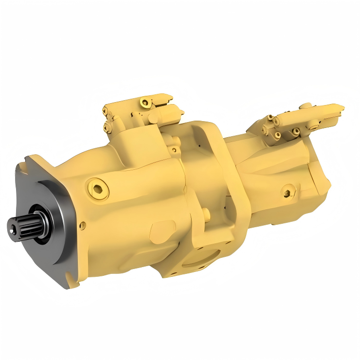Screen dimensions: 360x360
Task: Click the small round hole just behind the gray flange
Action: pos(82,225)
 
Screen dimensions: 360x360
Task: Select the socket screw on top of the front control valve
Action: pos(144,102)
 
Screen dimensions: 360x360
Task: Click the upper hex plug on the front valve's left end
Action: pos(106,112)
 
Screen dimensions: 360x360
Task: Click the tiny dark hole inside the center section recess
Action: pos(200,144)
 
